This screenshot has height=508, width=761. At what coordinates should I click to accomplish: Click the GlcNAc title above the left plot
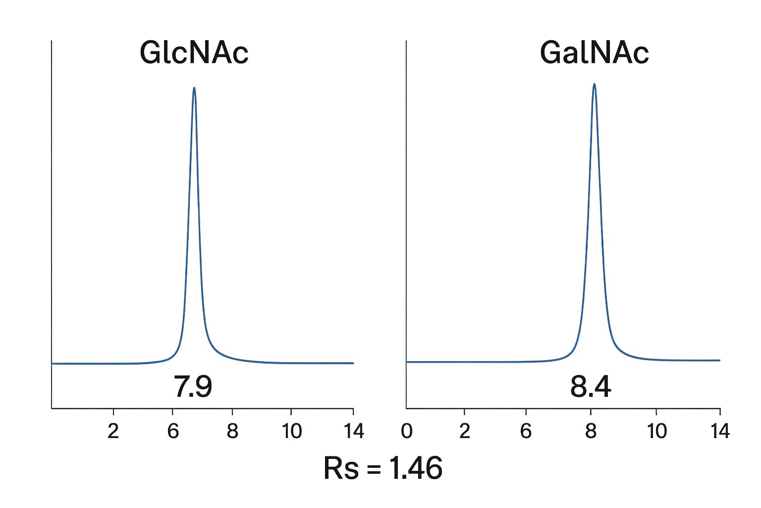(x=194, y=53)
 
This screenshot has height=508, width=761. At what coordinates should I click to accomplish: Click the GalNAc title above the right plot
(x=594, y=53)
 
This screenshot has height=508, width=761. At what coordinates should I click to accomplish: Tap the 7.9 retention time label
(x=193, y=387)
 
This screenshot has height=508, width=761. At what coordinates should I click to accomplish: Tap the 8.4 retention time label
(x=591, y=387)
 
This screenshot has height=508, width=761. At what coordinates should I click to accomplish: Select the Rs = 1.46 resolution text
(x=382, y=468)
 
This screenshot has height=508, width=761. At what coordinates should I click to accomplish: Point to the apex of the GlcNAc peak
(x=194, y=88)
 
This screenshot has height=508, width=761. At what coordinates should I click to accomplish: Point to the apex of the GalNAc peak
(x=594, y=84)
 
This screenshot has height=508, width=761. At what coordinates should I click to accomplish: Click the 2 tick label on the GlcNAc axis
(x=113, y=432)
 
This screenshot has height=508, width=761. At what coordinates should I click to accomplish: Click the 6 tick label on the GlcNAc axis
(x=172, y=432)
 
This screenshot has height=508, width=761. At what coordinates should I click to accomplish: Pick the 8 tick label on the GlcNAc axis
(x=232, y=432)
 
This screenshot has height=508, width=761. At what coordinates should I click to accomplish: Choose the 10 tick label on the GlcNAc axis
(x=291, y=432)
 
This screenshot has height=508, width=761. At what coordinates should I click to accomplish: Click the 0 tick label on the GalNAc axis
(x=407, y=432)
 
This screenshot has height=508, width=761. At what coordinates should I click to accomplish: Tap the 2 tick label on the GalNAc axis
(x=464, y=432)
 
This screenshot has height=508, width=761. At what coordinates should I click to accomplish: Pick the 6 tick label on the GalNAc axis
(x=526, y=432)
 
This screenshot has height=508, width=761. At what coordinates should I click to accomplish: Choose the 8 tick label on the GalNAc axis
(x=591, y=432)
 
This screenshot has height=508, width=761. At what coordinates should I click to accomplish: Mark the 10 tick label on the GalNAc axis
(x=656, y=432)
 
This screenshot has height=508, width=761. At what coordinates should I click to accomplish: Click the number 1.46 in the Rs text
(x=415, y=468)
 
